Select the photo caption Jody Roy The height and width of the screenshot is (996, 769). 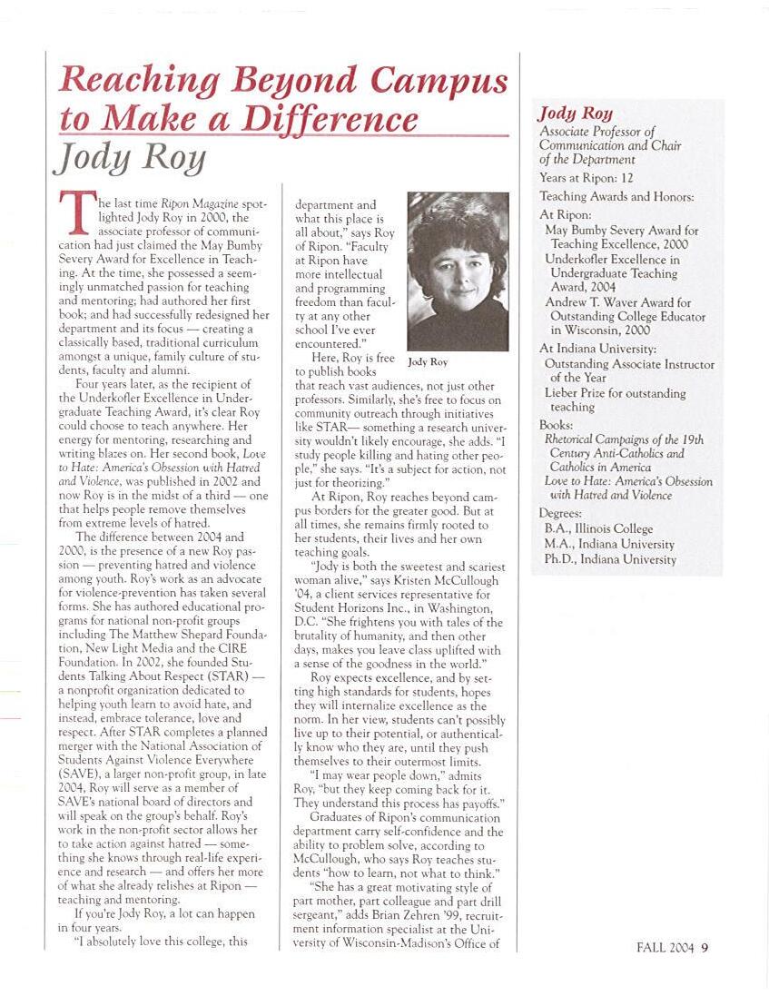pos(427,362)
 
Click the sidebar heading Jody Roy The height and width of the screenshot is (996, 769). pos(576,113)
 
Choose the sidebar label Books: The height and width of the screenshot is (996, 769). pos(556,424)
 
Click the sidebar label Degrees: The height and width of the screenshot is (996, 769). pos(560,513)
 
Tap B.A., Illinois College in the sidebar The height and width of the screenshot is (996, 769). pos(598,528)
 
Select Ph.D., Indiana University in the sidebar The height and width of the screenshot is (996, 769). pos(610,559)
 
